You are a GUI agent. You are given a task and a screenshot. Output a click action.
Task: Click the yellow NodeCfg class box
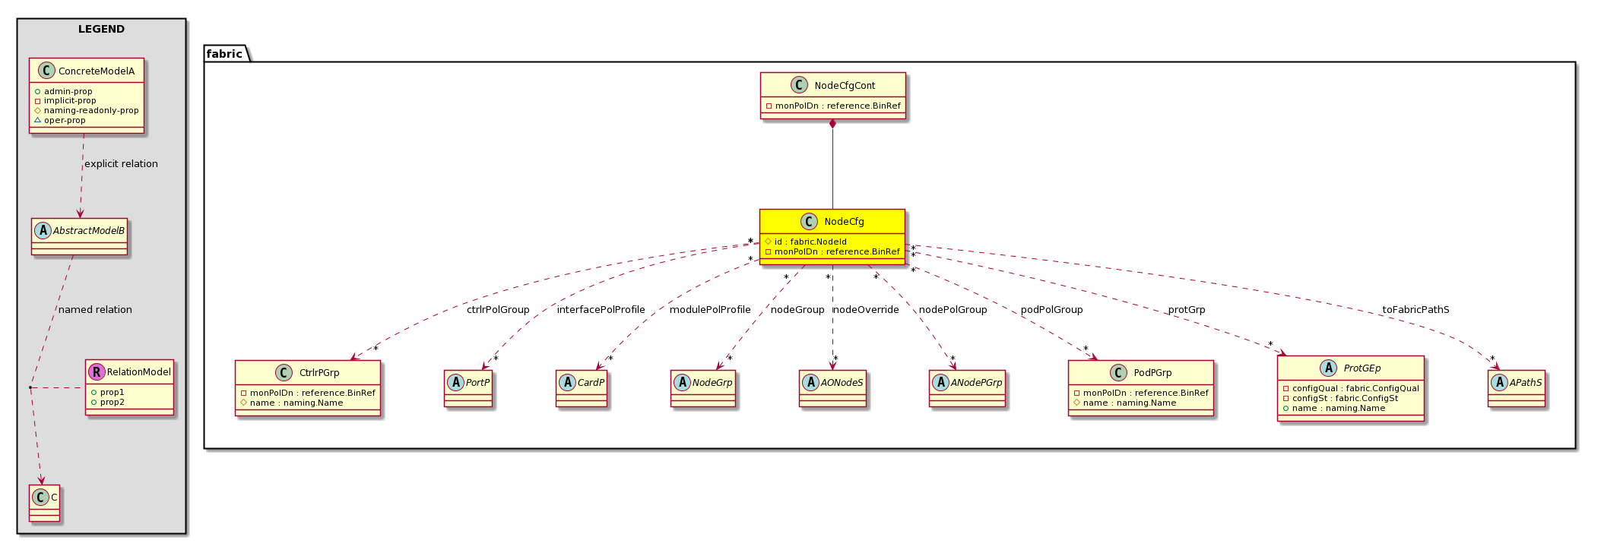tap(832, 236)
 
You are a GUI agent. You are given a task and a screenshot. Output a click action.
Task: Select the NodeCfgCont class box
tap(832, 96)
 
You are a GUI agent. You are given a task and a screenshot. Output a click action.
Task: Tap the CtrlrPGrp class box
tap(308, 388)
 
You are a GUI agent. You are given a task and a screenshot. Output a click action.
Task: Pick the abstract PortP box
tap(468, 388)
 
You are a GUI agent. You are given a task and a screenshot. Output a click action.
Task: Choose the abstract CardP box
tap(582, 388)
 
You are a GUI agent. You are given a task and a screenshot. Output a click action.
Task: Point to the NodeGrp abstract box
tap(703, 388)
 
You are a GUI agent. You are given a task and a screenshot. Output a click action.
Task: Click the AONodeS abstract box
tap(832, 388)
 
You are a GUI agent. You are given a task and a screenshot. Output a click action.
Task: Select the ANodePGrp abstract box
tap(967, 388)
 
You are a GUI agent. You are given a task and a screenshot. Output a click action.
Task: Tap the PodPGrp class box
tap(1140, 388)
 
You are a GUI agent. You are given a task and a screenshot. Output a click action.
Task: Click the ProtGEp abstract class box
tap(1351, 388)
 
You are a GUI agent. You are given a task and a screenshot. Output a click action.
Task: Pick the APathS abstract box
tap(1517, 388)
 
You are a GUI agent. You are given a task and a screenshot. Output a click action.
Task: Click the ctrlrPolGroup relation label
tap(498, 310)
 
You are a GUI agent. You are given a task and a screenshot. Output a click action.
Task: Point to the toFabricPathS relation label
tap(1416, 310)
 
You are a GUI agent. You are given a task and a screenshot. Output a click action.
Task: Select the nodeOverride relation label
tap(866, 310)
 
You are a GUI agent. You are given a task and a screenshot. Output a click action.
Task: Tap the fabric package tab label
tap(224, 53)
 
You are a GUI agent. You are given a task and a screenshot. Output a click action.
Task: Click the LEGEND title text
tap(101, 29)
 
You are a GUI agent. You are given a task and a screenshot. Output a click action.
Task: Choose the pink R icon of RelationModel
tap(97, 371)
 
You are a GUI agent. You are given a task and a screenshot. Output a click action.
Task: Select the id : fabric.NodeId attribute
tap(810, 242)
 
